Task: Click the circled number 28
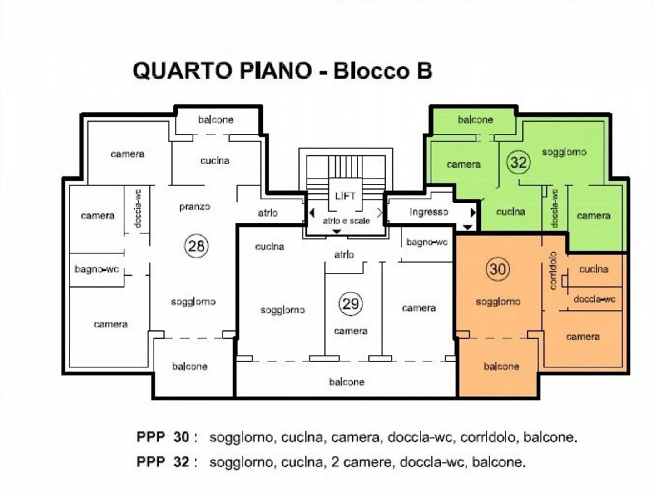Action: pos(196,246)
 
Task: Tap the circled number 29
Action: pos(351,303)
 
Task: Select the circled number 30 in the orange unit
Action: pos(497,269)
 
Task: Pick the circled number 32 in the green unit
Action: pos(518,162)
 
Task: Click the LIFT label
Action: pos(345,196)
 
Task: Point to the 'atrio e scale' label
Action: pos(346,221)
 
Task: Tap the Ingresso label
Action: pos(428,212)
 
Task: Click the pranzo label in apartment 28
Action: pos(194,207)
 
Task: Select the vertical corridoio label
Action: pos(553,271)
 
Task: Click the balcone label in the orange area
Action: pos(501,366)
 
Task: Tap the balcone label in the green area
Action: pos(475,119)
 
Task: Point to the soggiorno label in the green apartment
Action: pos(564,152)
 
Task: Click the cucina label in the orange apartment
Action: pos(593,269)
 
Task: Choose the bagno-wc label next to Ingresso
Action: pos(427,242)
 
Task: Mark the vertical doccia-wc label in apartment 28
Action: pos(138,208)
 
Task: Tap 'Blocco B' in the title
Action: pos(383,71)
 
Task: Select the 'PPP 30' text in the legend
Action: pos(163,437)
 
